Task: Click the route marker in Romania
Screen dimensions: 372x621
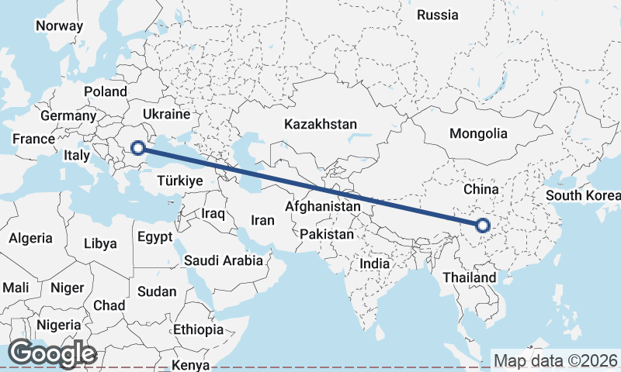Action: coord(138,147)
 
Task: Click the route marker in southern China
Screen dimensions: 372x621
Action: coord(483,226)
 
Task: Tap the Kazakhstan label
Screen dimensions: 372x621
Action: coord(320,124)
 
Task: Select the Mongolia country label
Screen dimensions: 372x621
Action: coord(479,133)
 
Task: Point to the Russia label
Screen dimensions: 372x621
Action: coord(438,15)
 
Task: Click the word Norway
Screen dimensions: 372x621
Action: coord(59,26)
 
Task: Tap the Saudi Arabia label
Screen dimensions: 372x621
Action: coord(223,260)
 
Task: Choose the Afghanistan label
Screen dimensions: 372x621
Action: coord(323,207)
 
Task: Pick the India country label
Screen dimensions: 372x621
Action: coord(374,263)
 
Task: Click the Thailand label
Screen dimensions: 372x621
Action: coord(469,277)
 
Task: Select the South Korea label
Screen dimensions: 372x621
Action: coord(582,195)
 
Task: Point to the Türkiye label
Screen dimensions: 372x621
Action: coord(179,181)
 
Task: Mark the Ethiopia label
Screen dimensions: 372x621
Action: coord(198,329)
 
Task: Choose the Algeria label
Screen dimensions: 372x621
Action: coord(31,238)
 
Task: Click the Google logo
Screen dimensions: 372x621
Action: coord(52,353)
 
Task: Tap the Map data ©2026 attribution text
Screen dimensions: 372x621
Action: coord(555,360)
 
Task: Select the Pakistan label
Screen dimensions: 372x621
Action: coord(327,234)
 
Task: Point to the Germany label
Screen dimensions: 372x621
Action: coord(68,115)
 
